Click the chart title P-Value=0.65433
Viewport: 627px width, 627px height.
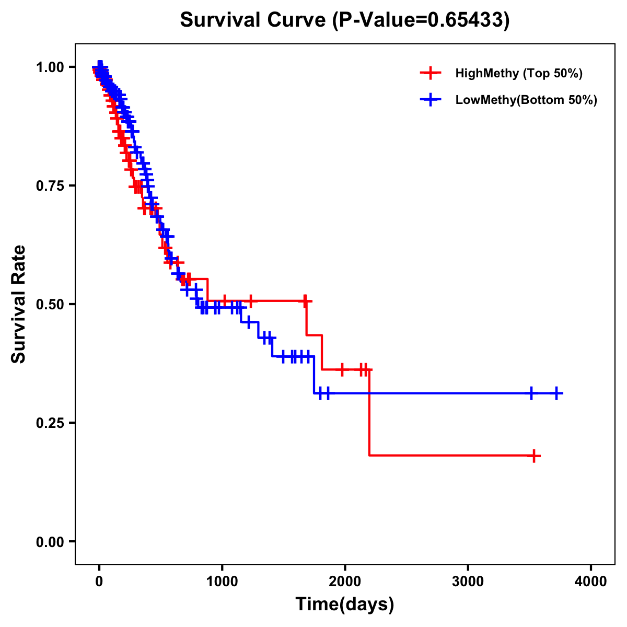[x=344, y=20]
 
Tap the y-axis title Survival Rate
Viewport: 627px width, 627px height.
[x=19, y=304]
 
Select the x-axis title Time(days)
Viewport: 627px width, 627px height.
[x=344, y=605]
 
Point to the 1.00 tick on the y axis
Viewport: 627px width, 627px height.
[x=50, y=67]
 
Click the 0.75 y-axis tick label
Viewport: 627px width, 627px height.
[x=50, y=185]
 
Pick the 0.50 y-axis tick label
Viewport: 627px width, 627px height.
[x=50, y=304]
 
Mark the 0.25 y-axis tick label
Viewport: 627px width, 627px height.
[x=50, y=423]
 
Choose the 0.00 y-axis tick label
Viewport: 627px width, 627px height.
[x=50, y=541]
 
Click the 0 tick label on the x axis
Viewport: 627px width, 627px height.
[x=99, y=582]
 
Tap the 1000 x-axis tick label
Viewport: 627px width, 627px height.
[x=222, y=582]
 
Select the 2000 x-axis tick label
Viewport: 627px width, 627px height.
[x=345, y=582]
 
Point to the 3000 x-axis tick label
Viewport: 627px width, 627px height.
[x=468, y=582]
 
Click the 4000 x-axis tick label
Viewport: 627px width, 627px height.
[x=591, y=582]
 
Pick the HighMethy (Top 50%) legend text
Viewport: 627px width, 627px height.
[x=518, y=73]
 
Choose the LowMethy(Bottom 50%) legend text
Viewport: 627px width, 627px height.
[x=526, y=100]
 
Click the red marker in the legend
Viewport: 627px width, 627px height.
[x=431, y=73]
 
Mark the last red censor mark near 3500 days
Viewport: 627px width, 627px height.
[x=533, y=456]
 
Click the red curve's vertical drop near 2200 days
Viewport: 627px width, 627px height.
[x=369, y=413]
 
